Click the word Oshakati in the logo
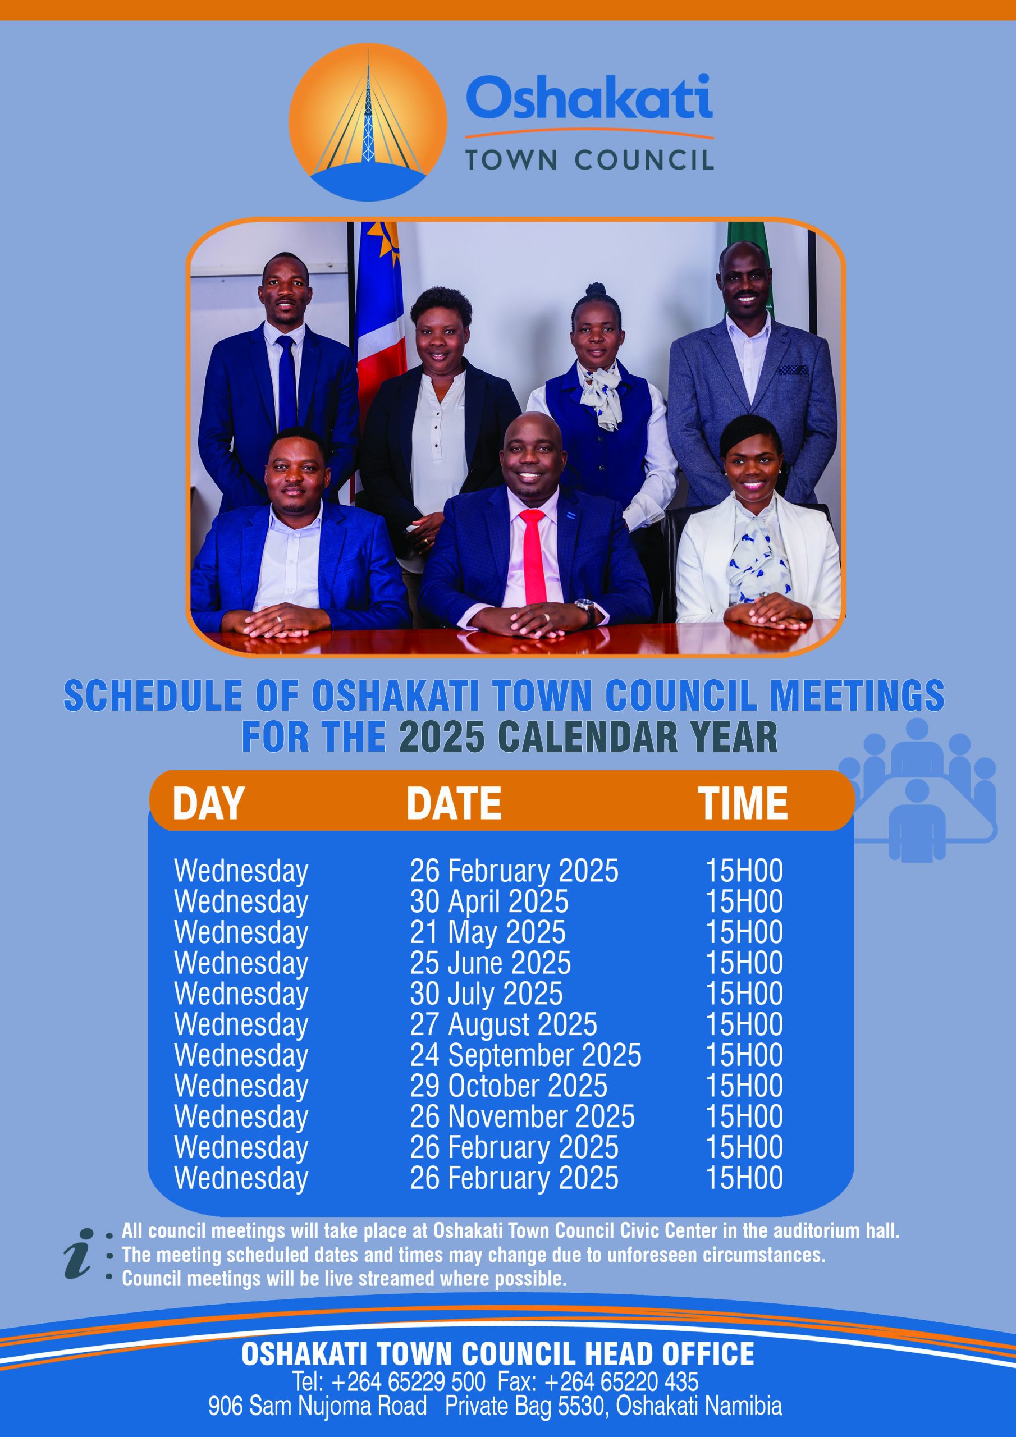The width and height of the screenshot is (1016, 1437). (589, 97)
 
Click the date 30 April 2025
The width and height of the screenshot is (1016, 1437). (489, 902)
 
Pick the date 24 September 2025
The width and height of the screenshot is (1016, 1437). (526, 1055)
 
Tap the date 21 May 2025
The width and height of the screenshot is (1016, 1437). (488, 932)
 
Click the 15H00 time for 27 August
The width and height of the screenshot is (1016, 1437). (744, 1024)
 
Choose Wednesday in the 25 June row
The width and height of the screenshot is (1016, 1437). (241, 964)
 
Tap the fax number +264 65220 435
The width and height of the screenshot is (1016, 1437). (621, 1381)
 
